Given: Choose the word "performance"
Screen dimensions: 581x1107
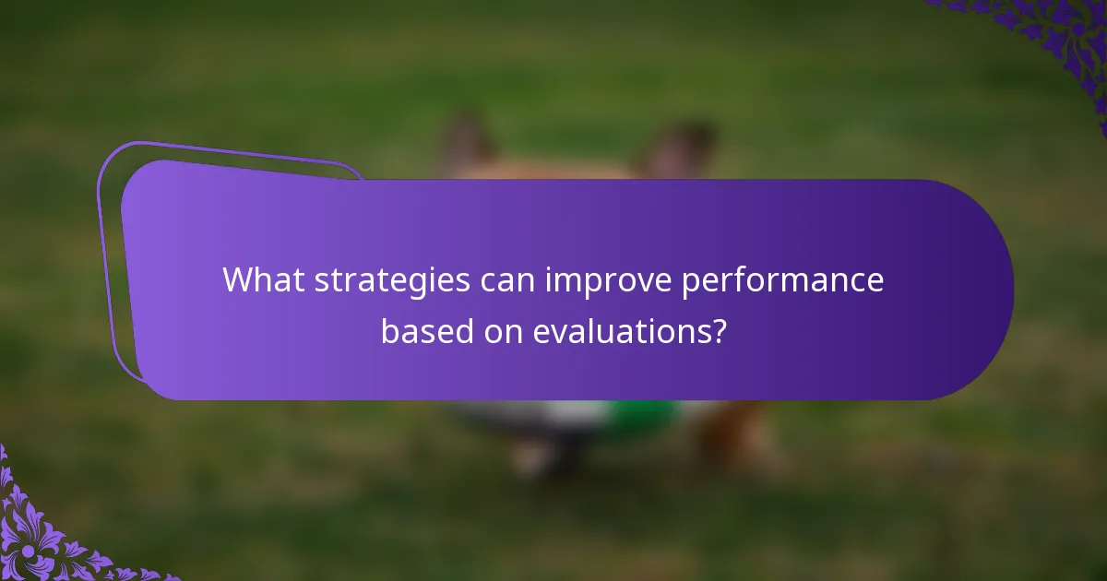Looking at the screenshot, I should point(783,280).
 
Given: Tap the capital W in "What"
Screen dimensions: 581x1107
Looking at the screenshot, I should point(238,280).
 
